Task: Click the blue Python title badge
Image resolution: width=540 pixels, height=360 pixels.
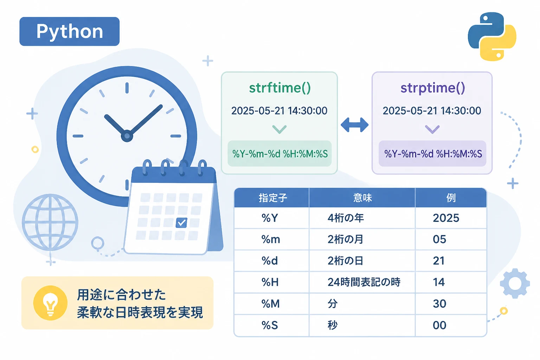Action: click(69, 31)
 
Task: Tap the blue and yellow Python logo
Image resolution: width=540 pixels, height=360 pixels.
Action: click(492, 37)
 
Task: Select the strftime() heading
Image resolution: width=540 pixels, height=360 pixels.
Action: click(279, 88)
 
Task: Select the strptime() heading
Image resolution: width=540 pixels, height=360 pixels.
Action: click(432, 88)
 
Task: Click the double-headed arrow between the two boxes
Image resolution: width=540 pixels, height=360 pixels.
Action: click(354, 125)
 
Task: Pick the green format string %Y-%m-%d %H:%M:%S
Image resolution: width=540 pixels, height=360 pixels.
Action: click(280, 154)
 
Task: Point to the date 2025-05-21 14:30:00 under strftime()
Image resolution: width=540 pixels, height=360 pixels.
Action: click(279, 111)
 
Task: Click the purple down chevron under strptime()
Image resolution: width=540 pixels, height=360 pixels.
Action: click(432, 129)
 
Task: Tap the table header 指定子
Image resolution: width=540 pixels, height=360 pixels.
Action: click(273, 198)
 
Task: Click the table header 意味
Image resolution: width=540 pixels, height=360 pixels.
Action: click(362, 198)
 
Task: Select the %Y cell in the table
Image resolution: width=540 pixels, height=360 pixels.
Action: click(270, 218)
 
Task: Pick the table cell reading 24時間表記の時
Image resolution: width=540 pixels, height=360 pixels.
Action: click(364, 282)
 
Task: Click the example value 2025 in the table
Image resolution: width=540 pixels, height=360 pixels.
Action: click(446, 218)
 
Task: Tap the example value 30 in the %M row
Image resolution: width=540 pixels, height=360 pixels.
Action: click(439, 304)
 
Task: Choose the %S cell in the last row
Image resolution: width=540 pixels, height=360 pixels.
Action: click(270, 325)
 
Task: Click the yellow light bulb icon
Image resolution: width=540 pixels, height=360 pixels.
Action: click(50, 303)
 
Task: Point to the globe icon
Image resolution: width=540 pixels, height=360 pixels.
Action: click(50, 222)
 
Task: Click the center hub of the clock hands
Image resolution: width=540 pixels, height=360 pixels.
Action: click(127, 136)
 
